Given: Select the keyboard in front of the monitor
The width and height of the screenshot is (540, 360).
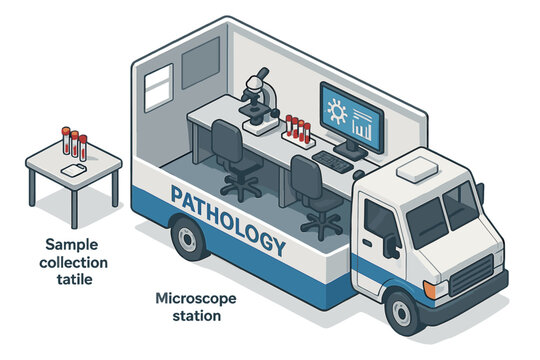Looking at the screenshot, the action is click(332, 162).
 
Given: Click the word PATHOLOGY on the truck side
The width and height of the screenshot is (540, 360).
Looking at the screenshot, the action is click(228, 220).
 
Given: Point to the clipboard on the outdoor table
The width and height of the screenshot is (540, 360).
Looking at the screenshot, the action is click(73, 170).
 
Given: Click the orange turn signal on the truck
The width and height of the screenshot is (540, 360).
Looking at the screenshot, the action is click(429, 290).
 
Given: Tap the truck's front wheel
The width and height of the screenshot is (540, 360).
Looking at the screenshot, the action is click(402, 313).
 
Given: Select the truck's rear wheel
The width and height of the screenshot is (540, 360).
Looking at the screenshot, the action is click(188, 239).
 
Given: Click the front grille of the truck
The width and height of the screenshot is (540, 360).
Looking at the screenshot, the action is click(472, 275).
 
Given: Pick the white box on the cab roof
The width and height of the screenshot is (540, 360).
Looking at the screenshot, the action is click(417, 169).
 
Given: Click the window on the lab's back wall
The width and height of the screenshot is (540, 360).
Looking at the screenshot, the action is click(158, 88).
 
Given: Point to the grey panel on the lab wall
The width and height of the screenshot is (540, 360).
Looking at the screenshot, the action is click(201, 63).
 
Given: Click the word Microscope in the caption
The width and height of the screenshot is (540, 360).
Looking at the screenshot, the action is click(196, 299).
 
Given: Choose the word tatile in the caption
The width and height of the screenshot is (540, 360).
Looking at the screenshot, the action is click(75, 279).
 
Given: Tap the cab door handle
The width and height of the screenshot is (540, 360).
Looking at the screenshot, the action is click(367, 243).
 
